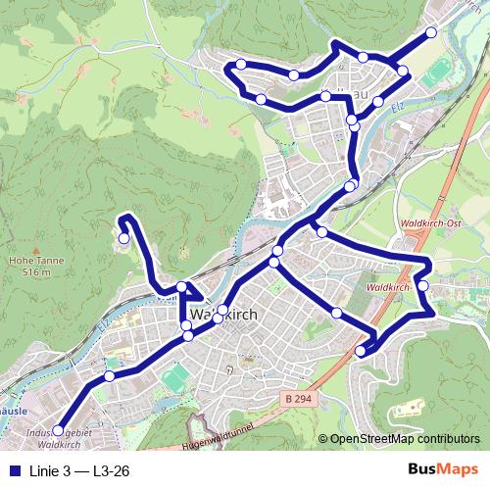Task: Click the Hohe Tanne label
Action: [x=28, y=261]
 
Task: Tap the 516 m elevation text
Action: [x=28, y=272]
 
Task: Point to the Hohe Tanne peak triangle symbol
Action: [x=28, y=249]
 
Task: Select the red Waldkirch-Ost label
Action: [x=431, y=223]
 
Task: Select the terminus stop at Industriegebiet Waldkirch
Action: [x=58, y=430]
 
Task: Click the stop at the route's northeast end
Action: [x=431, y=32]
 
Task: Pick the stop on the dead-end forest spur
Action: [x=124, y=237]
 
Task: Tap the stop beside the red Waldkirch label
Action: [x=423, y=285]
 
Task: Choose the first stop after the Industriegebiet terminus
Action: [x=110, y=375]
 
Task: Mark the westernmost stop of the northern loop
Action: [x=241, y=65]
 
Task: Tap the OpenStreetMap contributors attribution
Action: [x=404, y=439]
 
